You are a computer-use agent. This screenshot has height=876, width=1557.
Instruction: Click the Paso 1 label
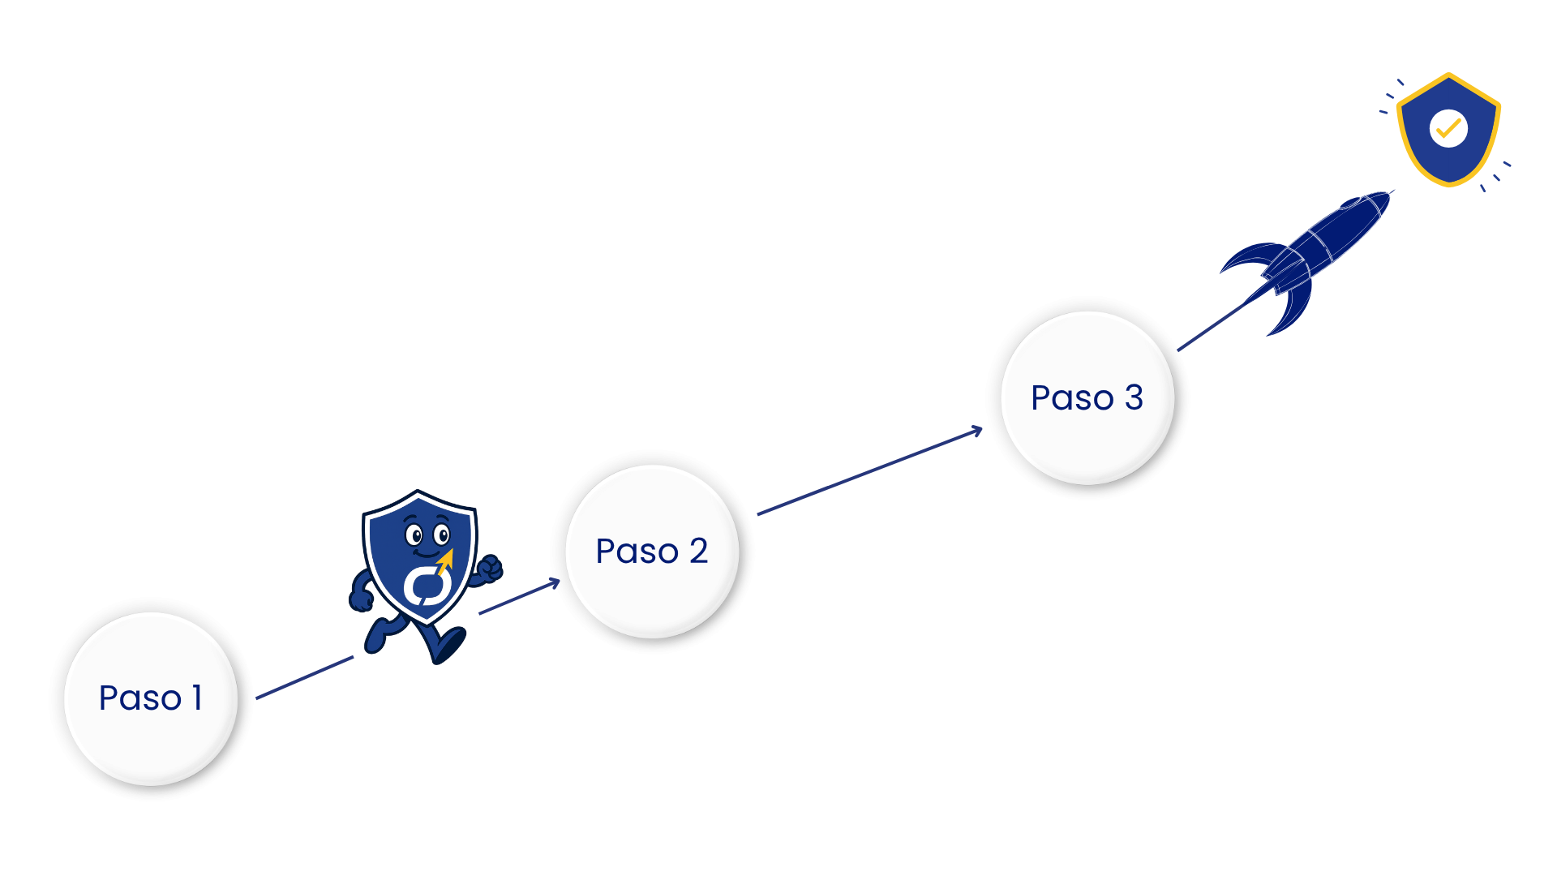click(x=150, y=698)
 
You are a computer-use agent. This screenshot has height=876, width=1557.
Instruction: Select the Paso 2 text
click(x=652, y=552)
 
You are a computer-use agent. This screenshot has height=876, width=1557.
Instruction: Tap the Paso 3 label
click(x=1087, y=398)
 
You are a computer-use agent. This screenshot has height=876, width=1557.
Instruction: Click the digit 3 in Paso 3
click(x=1134, y=397)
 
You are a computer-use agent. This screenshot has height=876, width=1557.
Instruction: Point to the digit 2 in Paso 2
click(x=698, y=551)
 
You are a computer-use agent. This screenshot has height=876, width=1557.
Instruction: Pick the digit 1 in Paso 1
click(x=197, y=698)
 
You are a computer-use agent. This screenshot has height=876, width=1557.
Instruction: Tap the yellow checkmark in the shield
click(x=1448, y=128)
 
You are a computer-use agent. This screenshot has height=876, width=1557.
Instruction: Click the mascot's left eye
click(x=414, y=535)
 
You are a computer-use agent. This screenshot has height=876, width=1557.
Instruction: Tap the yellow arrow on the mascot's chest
click(x=445, y=560)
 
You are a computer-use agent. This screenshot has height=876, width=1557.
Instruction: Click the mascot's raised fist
click(x=489, y=568)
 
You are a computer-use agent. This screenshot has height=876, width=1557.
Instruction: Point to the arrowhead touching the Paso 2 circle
click(x=555, y=582)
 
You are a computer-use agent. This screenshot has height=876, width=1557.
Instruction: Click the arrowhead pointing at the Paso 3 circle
click(x=977, y=431)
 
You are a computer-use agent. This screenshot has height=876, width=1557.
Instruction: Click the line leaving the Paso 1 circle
click(x=304, y=677)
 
